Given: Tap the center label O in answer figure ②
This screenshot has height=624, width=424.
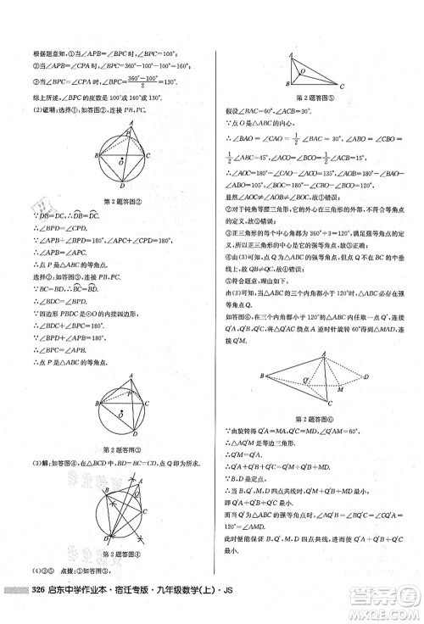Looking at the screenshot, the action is point(123,158).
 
